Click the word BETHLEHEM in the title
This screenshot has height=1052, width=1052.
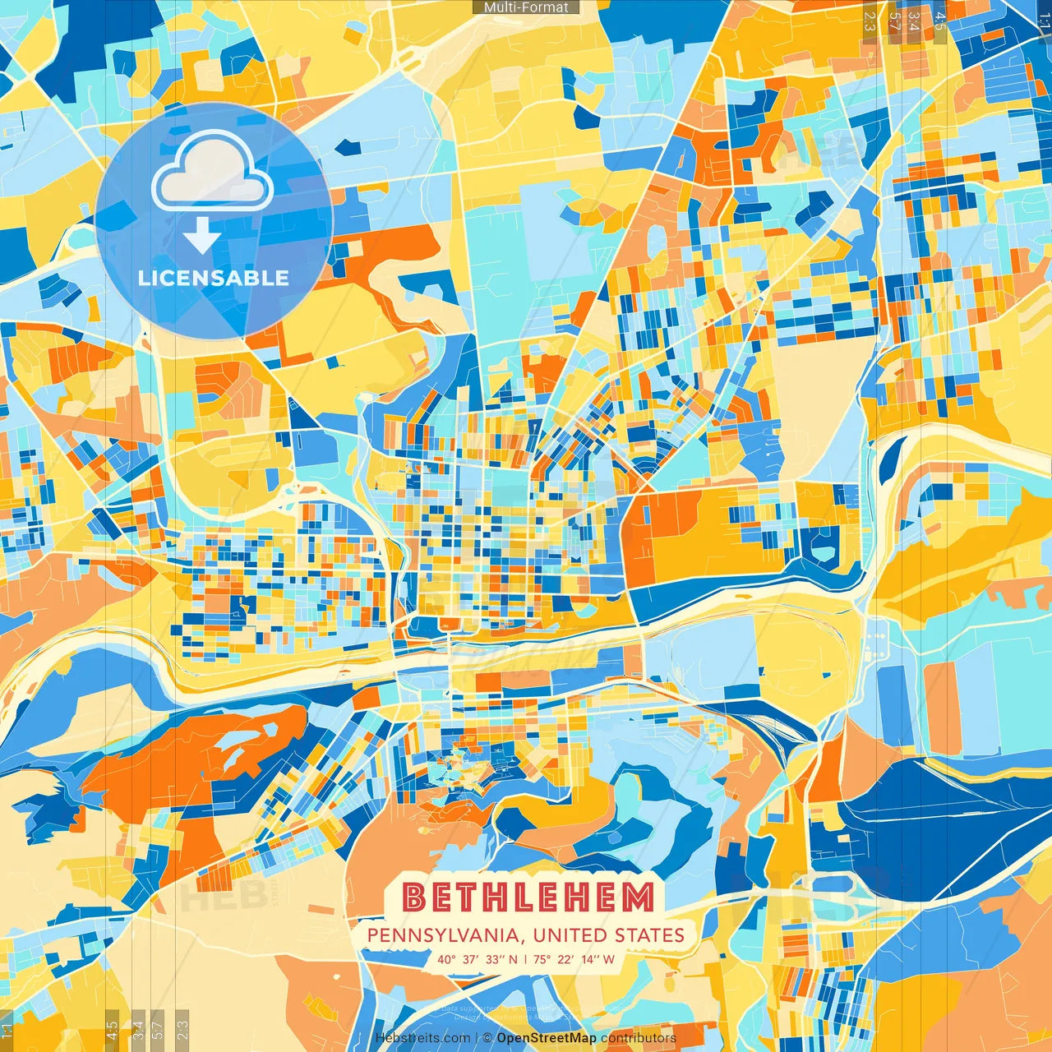point(528,897)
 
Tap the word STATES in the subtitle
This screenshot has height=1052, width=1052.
point(650,935)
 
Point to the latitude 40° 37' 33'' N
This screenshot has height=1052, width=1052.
point(478,959)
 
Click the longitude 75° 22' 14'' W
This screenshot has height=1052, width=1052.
point(574,959)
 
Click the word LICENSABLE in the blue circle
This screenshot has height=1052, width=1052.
point(214,278)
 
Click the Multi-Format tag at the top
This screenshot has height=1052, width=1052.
point(526,7)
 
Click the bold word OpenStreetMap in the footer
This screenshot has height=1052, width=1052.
point(547,1038)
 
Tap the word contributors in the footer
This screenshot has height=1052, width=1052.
point(639,1038)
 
